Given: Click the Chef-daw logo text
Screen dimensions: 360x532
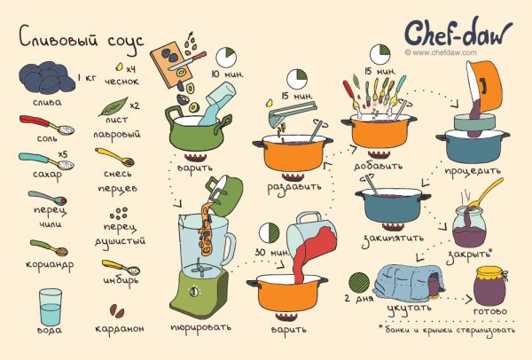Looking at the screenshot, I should point(458,32).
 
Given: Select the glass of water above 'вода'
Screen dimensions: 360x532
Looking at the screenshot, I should point(51,306).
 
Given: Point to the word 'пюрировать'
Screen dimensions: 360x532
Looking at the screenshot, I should point(199,326).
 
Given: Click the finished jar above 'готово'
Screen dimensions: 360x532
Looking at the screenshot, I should point(490,286).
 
